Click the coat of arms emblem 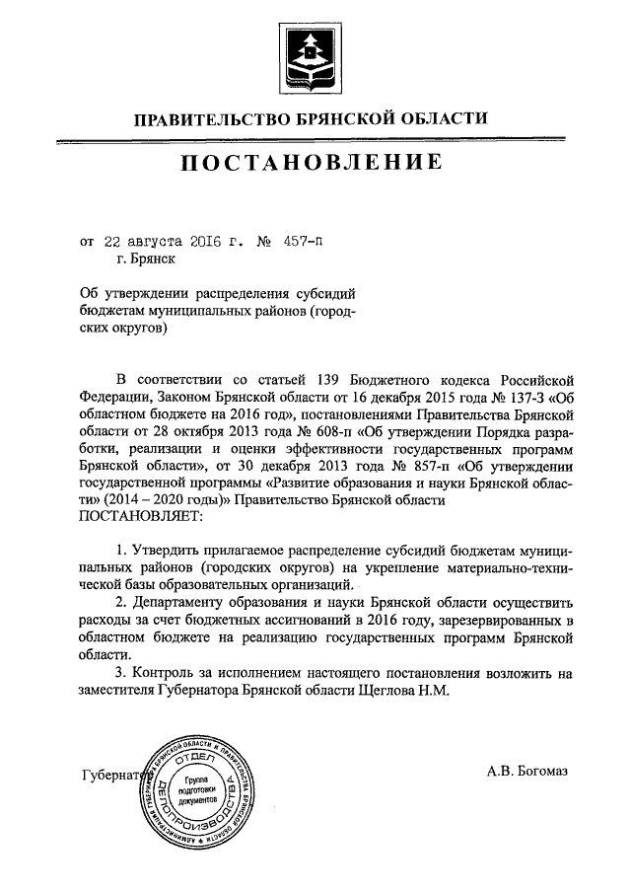coord(315,53)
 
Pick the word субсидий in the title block coord(324,293)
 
